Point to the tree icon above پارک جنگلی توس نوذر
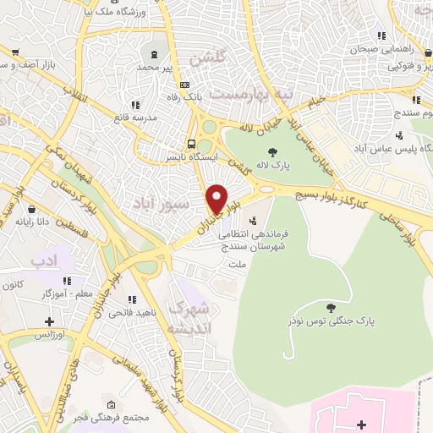(x=332, y=307)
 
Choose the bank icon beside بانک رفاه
(x=185, y=85)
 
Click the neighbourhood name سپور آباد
(x=154, y=205)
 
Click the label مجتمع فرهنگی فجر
(x=129, y=417)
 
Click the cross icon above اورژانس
(x=50, y=321)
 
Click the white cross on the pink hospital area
(x=360, y=424)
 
